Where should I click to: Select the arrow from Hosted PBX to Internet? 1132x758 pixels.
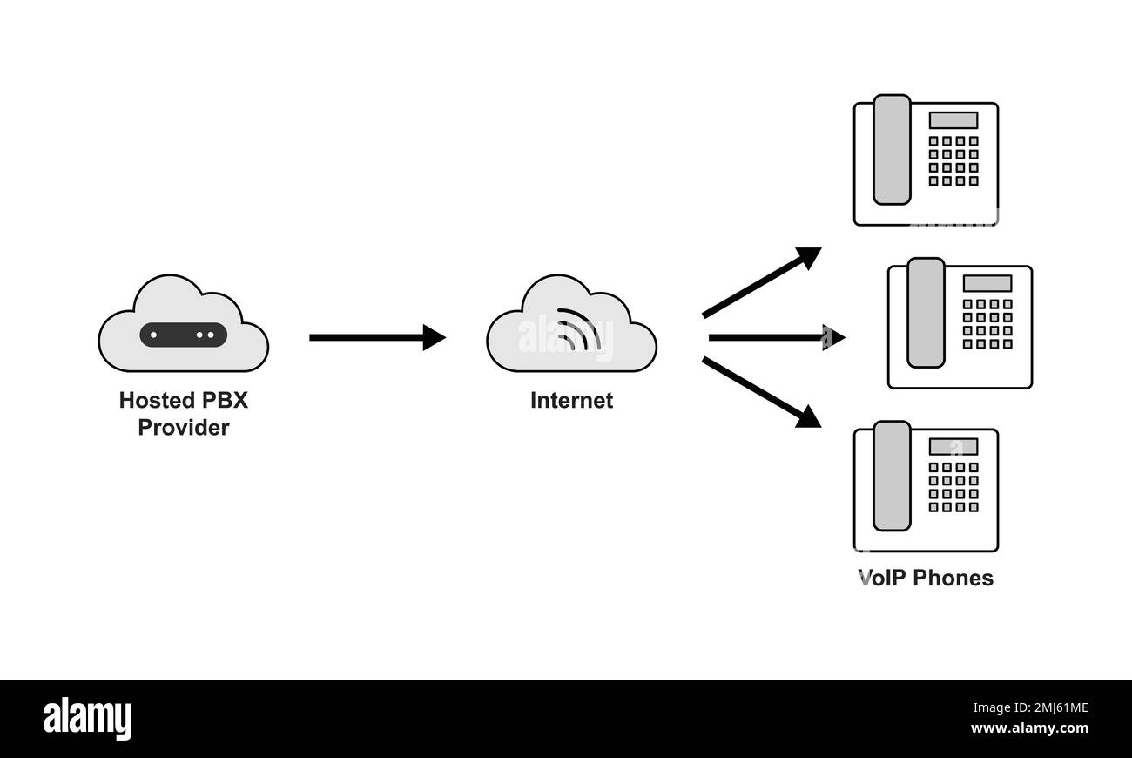pos(376,337)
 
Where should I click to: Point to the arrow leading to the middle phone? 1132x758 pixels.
pos(775,337)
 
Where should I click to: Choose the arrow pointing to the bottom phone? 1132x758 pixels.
pos(761,393)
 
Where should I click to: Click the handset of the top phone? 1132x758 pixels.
pos(892,150)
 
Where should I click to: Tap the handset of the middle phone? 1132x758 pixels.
pos(926,313)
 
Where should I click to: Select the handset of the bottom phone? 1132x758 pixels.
pos(892,476)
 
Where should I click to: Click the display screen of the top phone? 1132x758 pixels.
pos(953,120)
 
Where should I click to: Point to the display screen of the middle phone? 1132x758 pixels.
pos(987,283)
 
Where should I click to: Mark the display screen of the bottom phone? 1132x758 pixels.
pos(953,446)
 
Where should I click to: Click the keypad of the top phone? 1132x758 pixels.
pos(953,160)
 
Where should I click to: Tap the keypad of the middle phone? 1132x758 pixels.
pos(987,323)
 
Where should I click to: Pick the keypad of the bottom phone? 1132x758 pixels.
pos(953,486)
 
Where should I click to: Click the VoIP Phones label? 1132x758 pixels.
pos(926,578)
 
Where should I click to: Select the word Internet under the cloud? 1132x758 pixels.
pos(571,401)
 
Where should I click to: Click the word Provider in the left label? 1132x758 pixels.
pos(183,428)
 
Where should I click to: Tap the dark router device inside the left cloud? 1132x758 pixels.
pos(183,335)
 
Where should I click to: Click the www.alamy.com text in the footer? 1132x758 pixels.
pos(1029,728)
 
